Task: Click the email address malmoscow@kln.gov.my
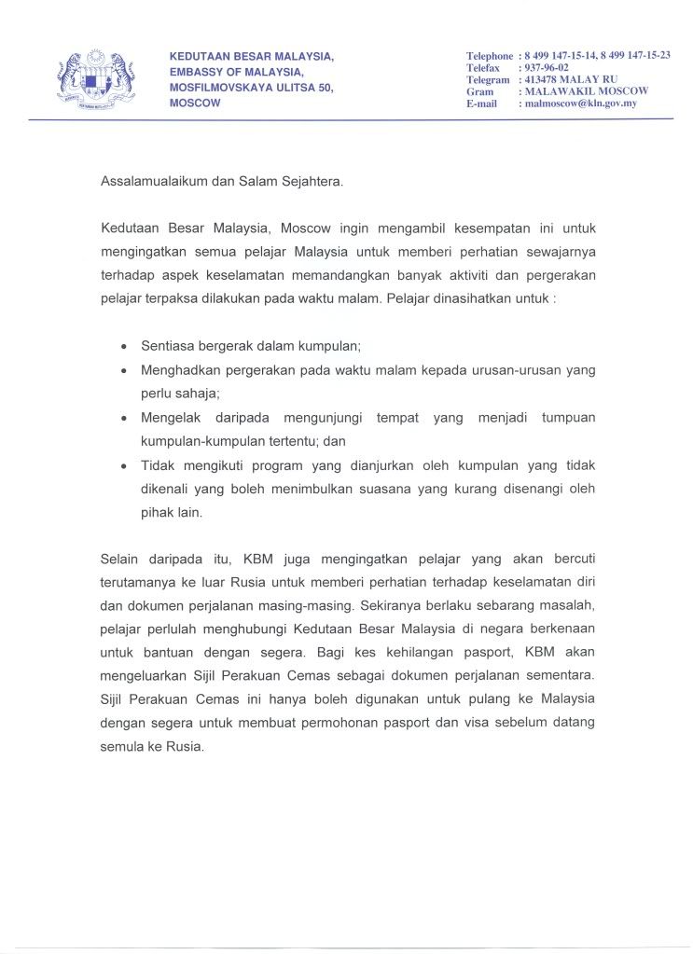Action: click(580, 104)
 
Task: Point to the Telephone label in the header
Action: click(490, 56)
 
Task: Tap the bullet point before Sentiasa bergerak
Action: click(125, 345)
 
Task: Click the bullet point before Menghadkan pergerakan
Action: click(125, 370)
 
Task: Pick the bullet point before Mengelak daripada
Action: click(125, 416)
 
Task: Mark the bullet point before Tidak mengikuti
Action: click(125, 464)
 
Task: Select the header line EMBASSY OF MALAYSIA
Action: click(236, 72)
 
